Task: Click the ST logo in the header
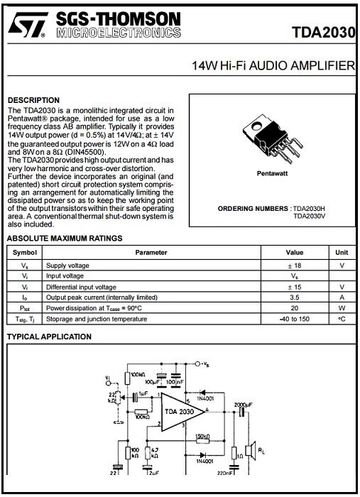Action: tap(28, 25)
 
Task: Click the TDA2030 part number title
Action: tap(323, 33)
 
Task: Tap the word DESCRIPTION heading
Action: tap(33, 100)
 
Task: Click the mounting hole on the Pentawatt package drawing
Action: tap(256, 126)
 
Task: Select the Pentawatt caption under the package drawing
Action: tap(272, 173)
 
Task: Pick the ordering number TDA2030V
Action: tap(310, 216)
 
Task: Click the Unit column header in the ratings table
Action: tap(342, 253)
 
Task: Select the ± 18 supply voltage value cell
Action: tap(295, 266)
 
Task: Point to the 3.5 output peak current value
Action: tap(295, 297)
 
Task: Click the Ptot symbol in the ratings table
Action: tap(24, 308)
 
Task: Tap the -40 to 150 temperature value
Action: tap(295, 319)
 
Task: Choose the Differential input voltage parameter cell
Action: tap(81, 287)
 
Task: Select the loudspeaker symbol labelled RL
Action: tap(252, 450)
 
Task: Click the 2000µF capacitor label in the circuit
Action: tap(243, 405)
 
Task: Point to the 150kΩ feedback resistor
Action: tap(202, 441)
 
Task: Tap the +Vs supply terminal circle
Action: tap(197, 364)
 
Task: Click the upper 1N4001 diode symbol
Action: tap(203, 393)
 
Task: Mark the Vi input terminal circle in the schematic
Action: tap(108, 383)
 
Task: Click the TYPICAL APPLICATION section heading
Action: tap(49, 337)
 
